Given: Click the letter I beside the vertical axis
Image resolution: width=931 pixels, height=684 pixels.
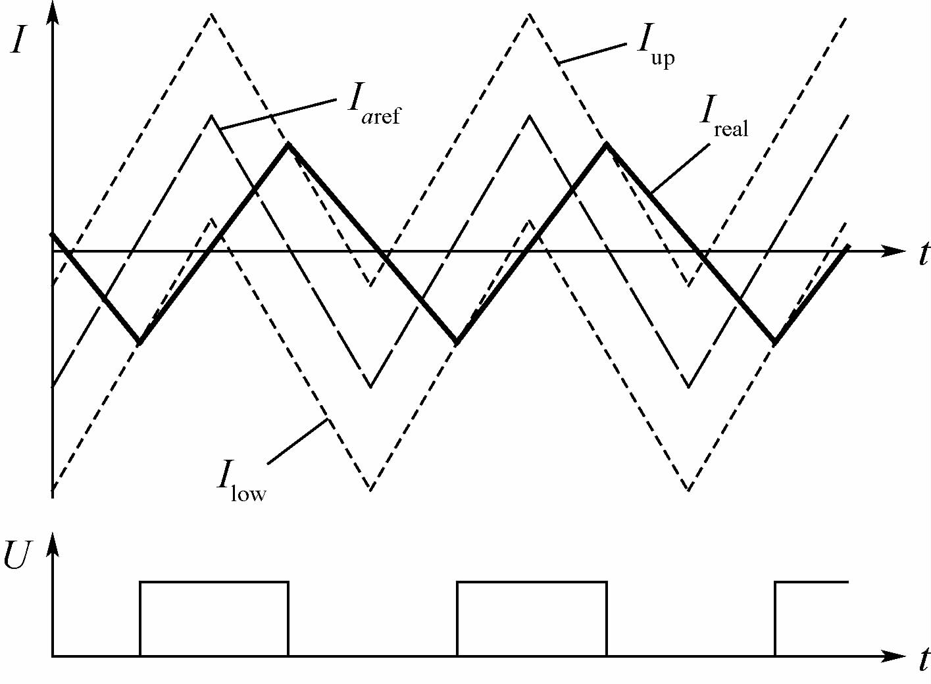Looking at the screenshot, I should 18,41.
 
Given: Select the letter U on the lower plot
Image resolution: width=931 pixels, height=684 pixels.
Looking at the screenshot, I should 17,556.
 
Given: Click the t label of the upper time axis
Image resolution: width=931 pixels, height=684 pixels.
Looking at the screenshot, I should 923,254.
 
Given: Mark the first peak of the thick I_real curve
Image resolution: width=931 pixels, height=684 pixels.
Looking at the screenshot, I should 288,145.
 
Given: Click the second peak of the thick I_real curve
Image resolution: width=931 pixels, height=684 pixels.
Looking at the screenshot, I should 606,145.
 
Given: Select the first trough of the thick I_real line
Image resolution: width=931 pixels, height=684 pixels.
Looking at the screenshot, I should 139,342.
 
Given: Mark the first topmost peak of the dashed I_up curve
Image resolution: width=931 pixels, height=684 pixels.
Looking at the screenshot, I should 211,14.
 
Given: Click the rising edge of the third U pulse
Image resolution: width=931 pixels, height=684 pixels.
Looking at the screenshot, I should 776,618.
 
